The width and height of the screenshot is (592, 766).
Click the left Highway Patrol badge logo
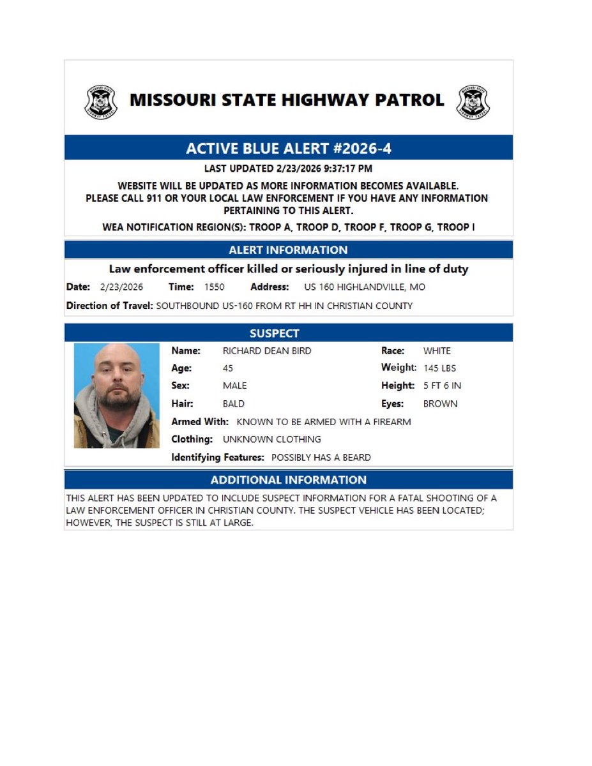point(101,101)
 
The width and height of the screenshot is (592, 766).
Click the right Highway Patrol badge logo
point(473,101)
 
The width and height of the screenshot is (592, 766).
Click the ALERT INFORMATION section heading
point(288,250)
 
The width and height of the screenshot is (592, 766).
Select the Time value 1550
point(215,287)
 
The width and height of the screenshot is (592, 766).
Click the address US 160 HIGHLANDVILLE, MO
point(364,287)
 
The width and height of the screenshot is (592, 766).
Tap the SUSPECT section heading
point(288,333)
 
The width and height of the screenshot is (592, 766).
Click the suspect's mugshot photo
point(116,395)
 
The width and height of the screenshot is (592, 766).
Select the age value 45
point(228,368)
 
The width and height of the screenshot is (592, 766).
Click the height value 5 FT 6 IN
point(442,386)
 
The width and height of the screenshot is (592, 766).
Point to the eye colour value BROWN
point(440,404)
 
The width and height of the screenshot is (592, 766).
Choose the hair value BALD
point(233,404)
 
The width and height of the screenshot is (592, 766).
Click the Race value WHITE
point(437,351)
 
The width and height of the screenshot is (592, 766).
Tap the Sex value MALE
point(234,386)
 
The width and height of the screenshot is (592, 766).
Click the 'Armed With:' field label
point(200,422)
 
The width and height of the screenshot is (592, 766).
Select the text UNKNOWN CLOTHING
point(271,440)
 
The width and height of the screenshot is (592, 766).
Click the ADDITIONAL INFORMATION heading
point(288,480)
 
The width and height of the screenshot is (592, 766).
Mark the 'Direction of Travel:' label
point(109,306)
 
